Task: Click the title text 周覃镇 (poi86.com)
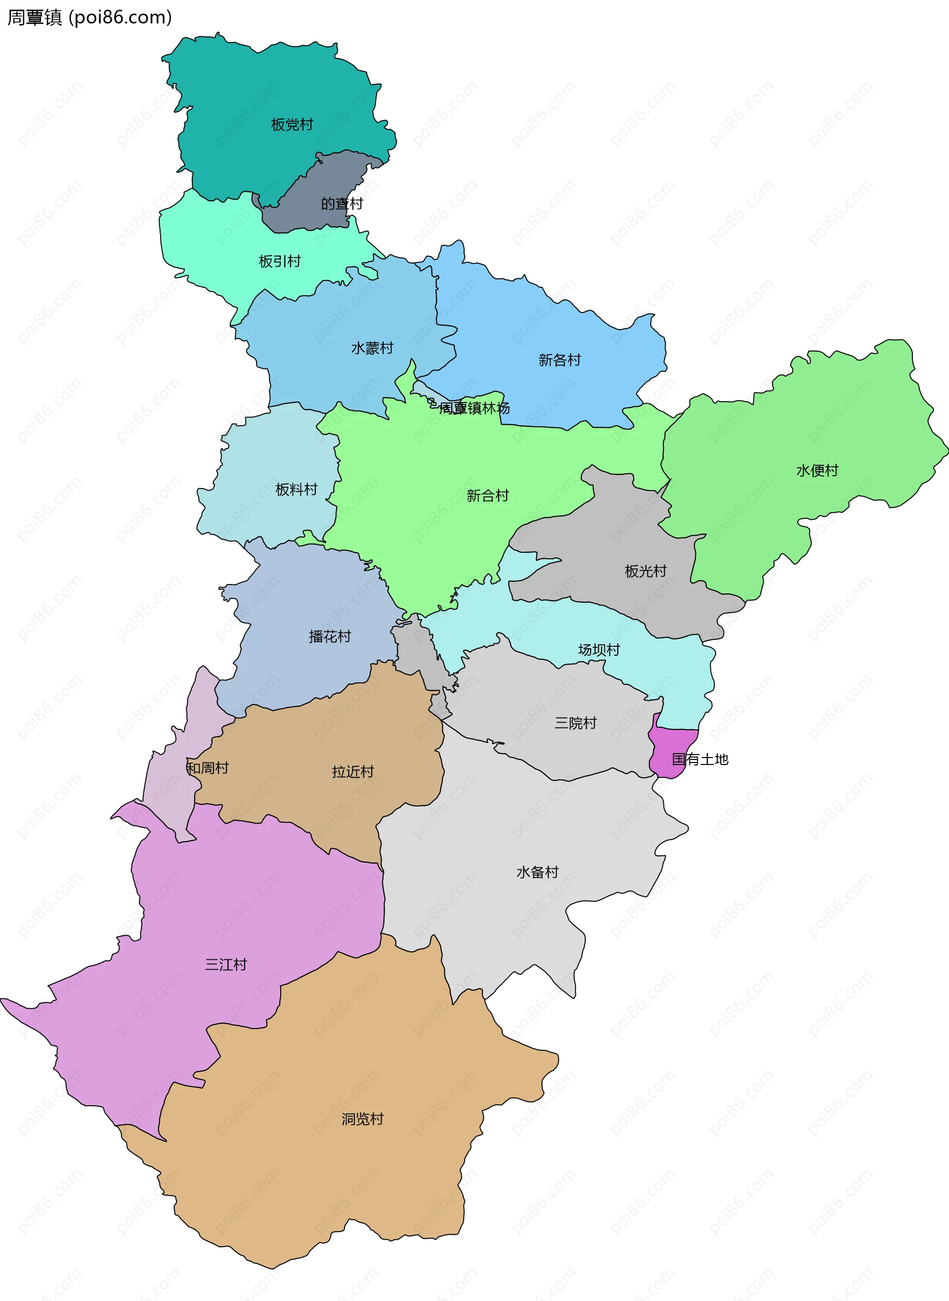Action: (x=89, y=17)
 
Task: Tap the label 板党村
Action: (x=292, y=125)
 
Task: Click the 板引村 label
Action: (x=280, y=262)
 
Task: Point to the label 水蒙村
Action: (x=372, y=348)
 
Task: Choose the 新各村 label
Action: (x=560, y=360)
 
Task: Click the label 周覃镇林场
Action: (x=474, y=408)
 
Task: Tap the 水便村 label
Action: (x=817, y=471)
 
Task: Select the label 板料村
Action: (x=297, y=490)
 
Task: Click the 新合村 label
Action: (x=488, y=496)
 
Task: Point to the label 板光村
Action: (x=646, y=571)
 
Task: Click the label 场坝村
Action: (x=599, y=650)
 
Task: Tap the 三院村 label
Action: (x=576, y=723)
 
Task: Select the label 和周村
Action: (x=208, y=768)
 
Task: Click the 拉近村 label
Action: (x=353, y=772)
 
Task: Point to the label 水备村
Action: (x=538, y=872)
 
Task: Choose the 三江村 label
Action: (x=226, y=965)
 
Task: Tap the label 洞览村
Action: (x=362, y=1120)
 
